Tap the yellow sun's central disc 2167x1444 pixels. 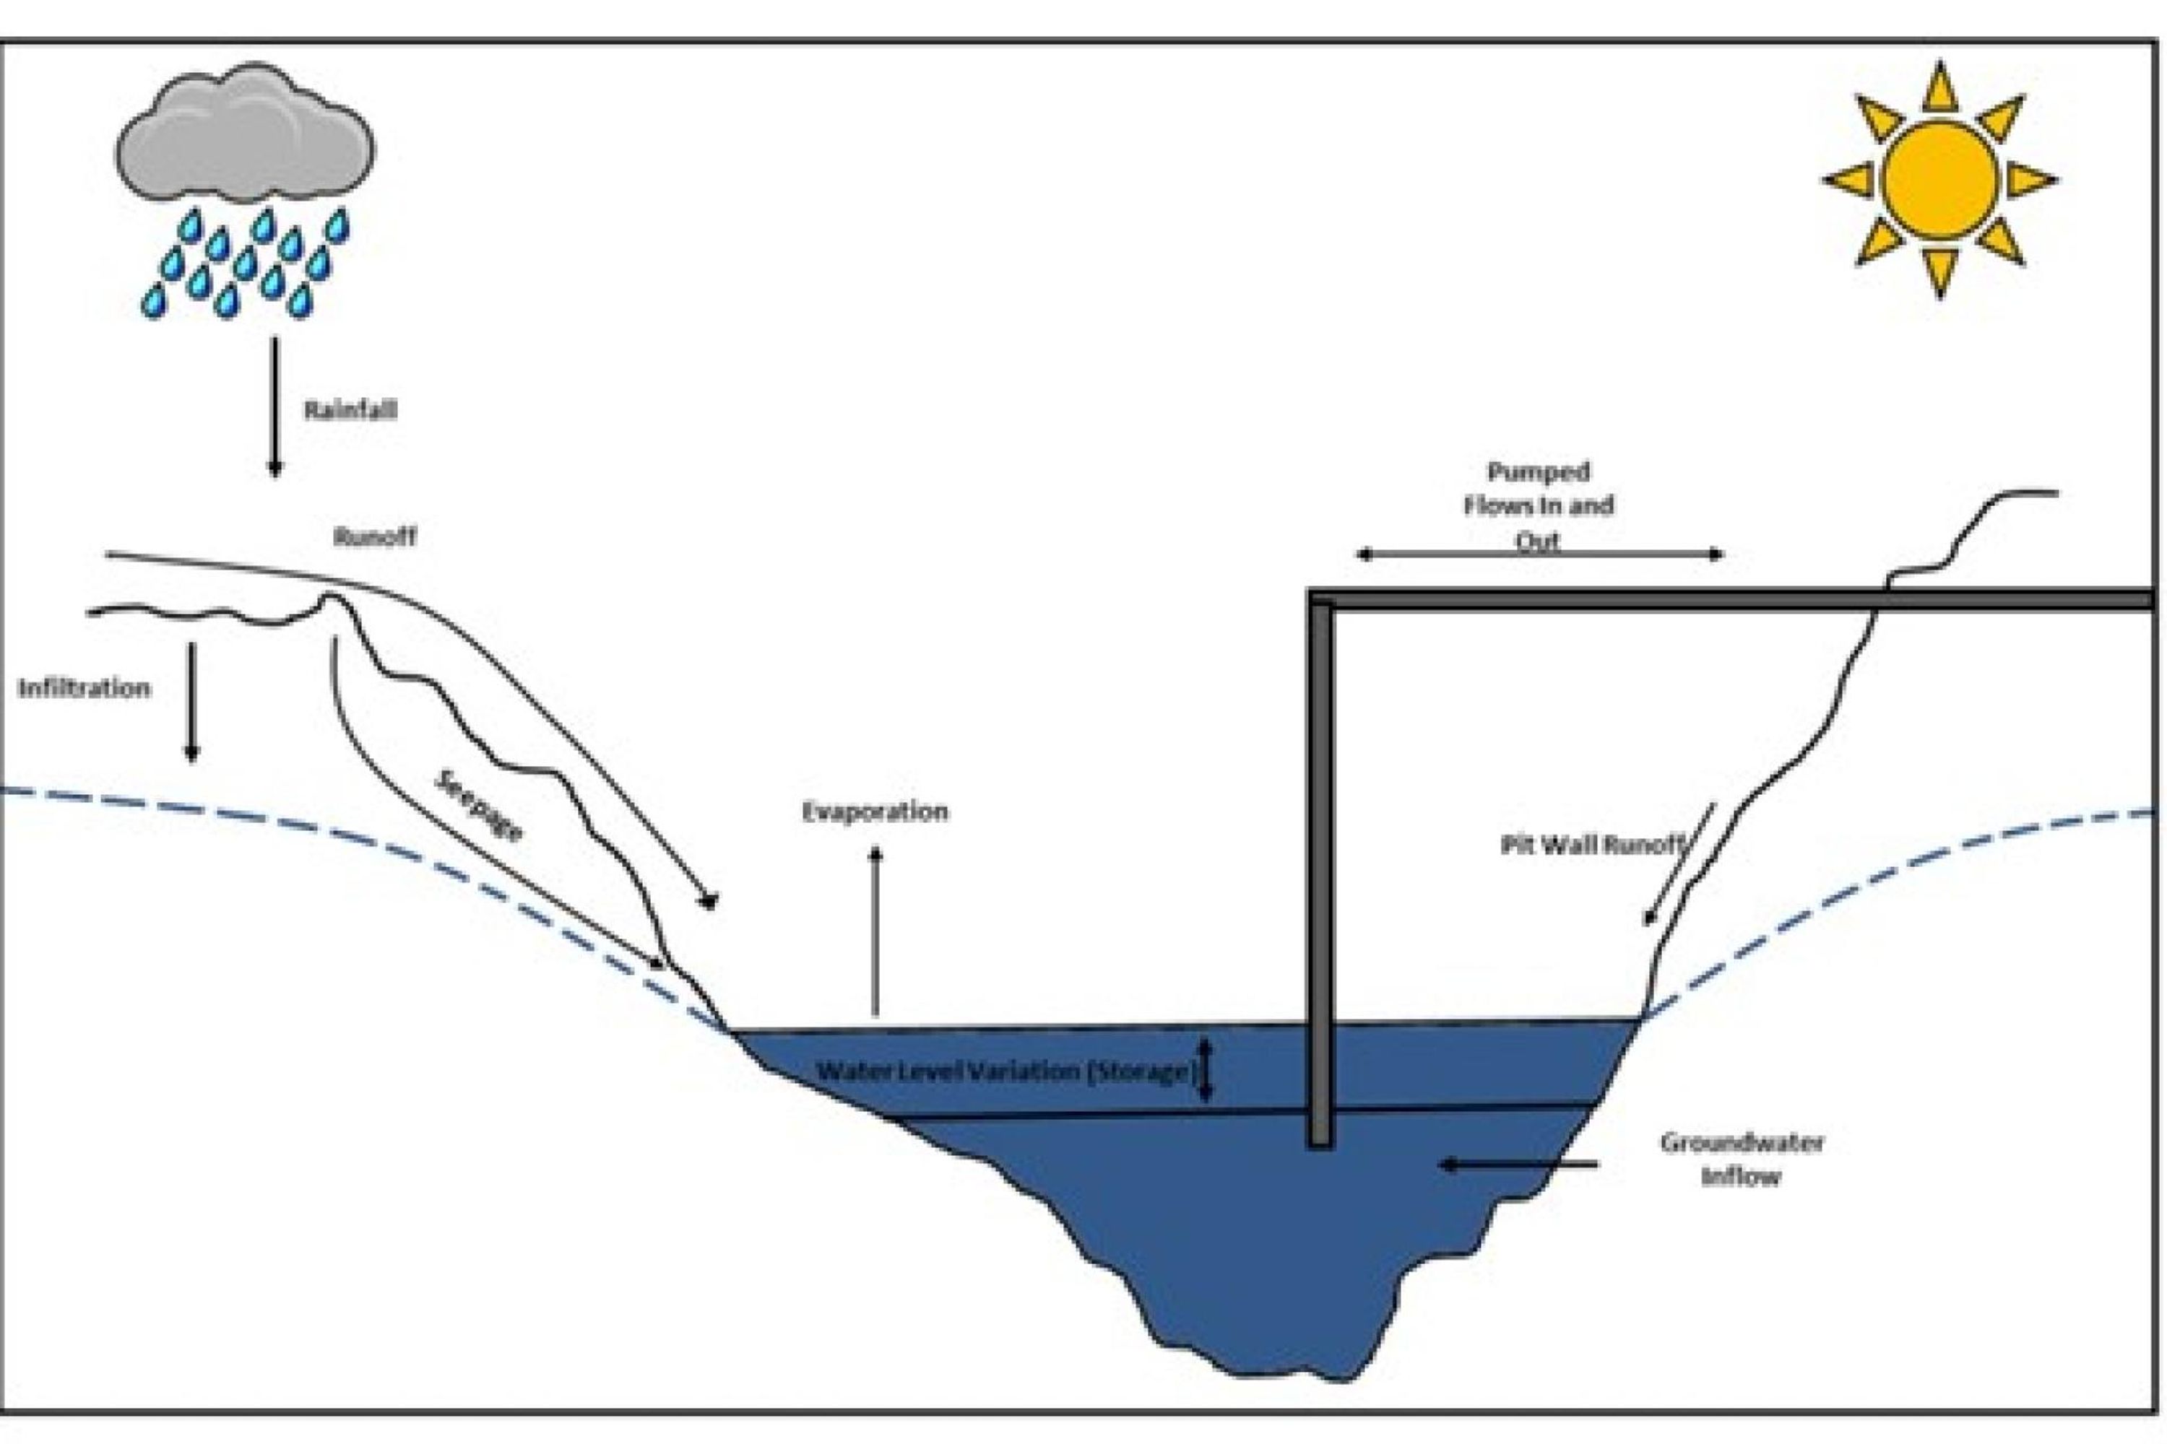1939,180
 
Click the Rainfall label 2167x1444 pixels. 350,410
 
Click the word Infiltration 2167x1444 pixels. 84,688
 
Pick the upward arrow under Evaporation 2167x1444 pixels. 875,930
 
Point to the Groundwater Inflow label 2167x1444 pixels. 1742,1160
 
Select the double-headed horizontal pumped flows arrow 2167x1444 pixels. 1539,554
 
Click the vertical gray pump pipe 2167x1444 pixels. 1320,875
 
